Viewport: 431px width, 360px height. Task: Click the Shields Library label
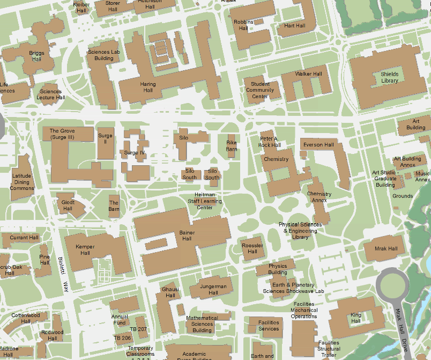pos(390,77)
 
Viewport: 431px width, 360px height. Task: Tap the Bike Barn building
pos(232,146)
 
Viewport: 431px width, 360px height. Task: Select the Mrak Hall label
pos(385,249)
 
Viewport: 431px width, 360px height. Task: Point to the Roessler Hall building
pos(252,248)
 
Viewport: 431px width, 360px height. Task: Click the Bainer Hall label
pos(186,236)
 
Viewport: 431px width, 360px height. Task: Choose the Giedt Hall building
pos(68,205)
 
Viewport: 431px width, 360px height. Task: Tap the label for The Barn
pos(114,205)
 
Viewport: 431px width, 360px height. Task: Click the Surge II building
pos(105,139)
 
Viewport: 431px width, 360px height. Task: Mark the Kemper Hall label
pos(85,249)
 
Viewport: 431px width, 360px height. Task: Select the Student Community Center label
pos(260,90)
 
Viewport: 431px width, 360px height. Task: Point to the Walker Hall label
pos(308,74)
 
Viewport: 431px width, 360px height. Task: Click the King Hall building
pos(356,318)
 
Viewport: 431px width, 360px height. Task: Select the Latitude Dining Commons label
pos(22,182)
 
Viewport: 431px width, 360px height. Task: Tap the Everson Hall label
pos(318,145)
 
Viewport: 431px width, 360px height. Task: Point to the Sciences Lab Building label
pos(104,55)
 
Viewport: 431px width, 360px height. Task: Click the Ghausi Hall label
pos(170,292)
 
